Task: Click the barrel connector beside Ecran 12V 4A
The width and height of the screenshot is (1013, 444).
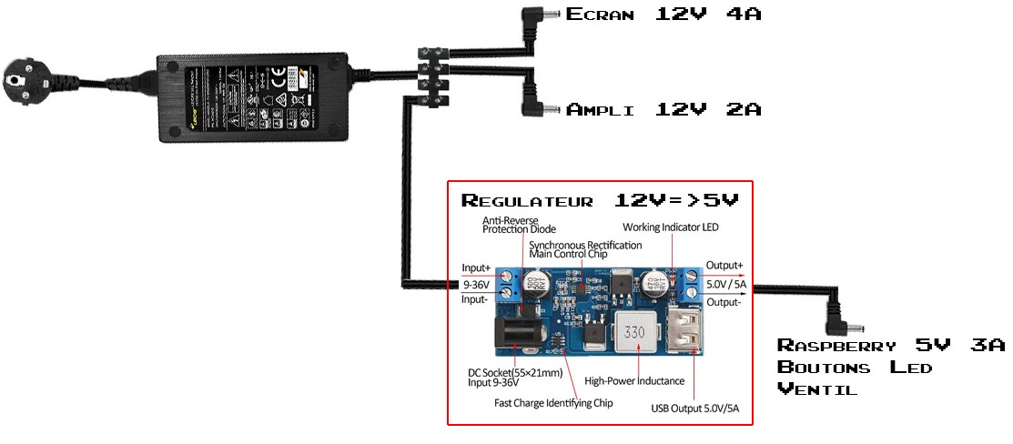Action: pos(539,15)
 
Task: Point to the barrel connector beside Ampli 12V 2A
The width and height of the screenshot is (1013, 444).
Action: pos(539,110)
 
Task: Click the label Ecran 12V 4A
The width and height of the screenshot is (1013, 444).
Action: pos(663,14)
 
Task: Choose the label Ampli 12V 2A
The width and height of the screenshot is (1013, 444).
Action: pos(663,110)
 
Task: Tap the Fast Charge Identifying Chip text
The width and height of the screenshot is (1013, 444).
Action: pos(553,402)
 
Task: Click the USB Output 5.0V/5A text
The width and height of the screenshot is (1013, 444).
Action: pos(694,407)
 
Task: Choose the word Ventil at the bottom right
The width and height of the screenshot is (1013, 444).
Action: pos(817,389)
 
